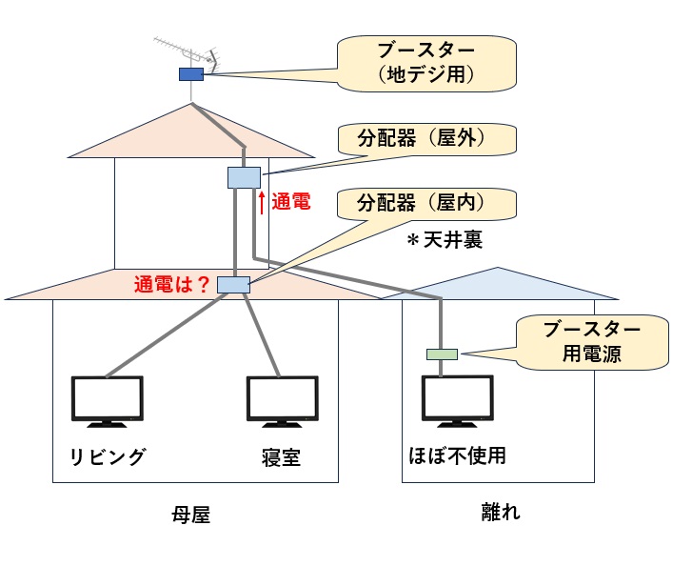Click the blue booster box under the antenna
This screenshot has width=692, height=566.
tap(190, 73)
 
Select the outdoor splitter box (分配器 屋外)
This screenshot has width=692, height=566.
tap(244, 176)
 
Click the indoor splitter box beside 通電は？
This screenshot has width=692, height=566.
tap(232, 283)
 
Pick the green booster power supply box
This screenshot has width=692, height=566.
tap(442, 354)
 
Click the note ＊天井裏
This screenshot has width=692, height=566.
tap(445, 241)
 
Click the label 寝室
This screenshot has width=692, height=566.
tap(281, 458)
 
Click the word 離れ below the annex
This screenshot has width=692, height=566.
tap(503, 512)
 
